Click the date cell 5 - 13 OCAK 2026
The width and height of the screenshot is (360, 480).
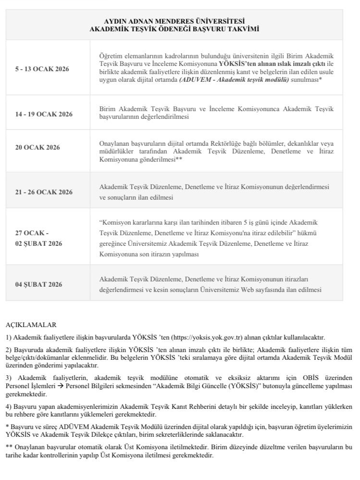pos(42,69)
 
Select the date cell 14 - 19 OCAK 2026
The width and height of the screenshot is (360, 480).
pos(44,114)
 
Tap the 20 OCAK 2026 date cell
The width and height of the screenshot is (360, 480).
pos(38,147)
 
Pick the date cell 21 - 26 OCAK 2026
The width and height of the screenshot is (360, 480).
pos(44,192)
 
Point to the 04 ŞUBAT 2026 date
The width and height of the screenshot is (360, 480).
pos(39,284)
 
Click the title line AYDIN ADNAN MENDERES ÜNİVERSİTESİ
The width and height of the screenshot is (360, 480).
pos(174,21)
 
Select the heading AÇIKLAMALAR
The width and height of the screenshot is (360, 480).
pos(31,325)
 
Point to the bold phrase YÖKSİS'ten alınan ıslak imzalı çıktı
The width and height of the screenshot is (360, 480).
pos(272,64)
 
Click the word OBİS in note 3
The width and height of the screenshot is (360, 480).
pos(306,379)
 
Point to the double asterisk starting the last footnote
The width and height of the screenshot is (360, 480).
pos(9,447)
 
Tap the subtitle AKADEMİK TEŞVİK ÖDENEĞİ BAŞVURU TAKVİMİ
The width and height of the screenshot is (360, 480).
pos(174,29)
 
